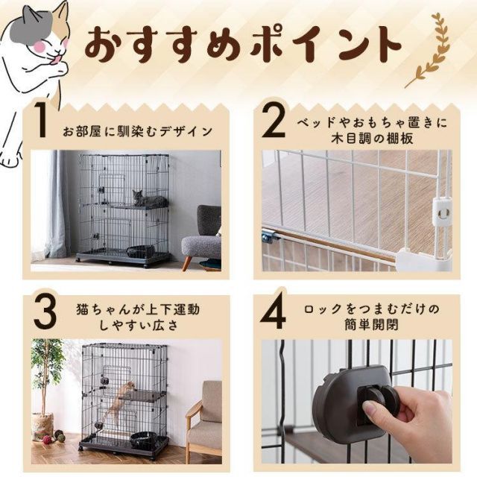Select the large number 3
[45, 312]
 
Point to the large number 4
[273, 312]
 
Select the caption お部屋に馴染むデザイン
[138, 131]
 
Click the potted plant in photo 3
[45, 388]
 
